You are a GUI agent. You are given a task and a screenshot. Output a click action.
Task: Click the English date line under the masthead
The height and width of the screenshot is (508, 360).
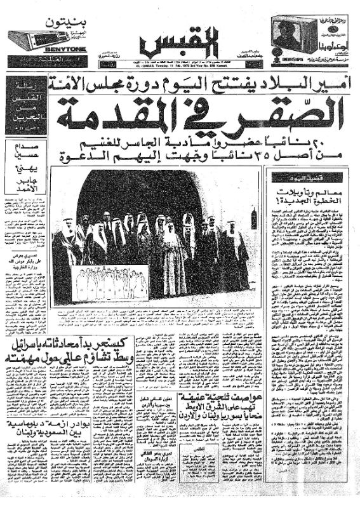pos(180,65)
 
